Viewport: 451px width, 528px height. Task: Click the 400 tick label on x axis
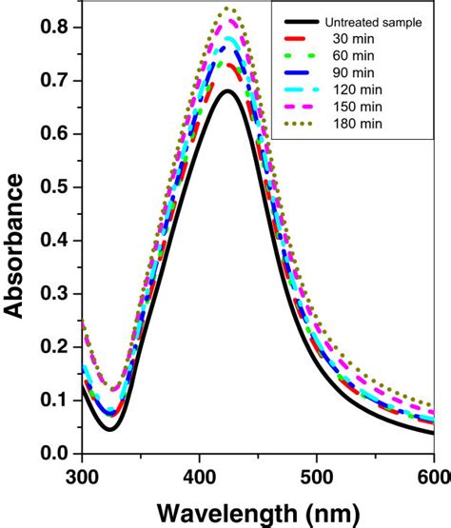[x=200, y=473]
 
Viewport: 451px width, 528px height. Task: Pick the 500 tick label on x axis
[x=317, y=473]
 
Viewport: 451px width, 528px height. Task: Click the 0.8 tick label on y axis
[x=55, y=28]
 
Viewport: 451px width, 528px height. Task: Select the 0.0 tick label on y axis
[x=55, y=454]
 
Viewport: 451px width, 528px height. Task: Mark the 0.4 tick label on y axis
[x=55, y=241]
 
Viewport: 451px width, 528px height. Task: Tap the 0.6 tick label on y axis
[x=55, y=134]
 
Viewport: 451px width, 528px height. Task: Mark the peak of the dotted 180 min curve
[x=229, y=9]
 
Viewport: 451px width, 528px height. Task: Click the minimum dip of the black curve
[x=110, y=430]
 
